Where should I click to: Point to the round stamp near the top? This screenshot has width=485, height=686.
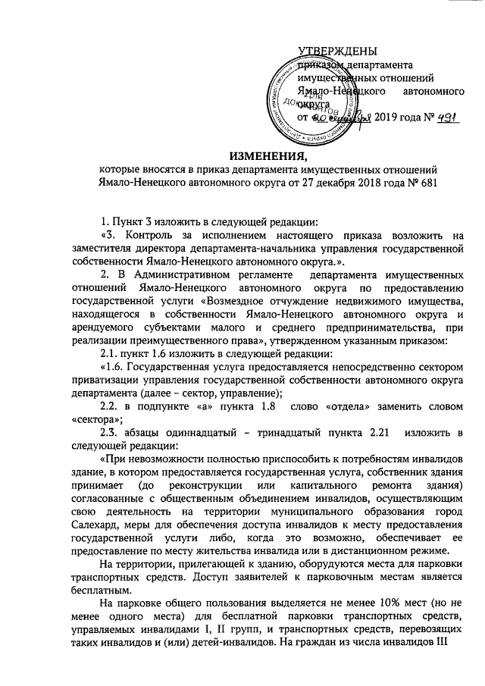coord(311,93)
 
